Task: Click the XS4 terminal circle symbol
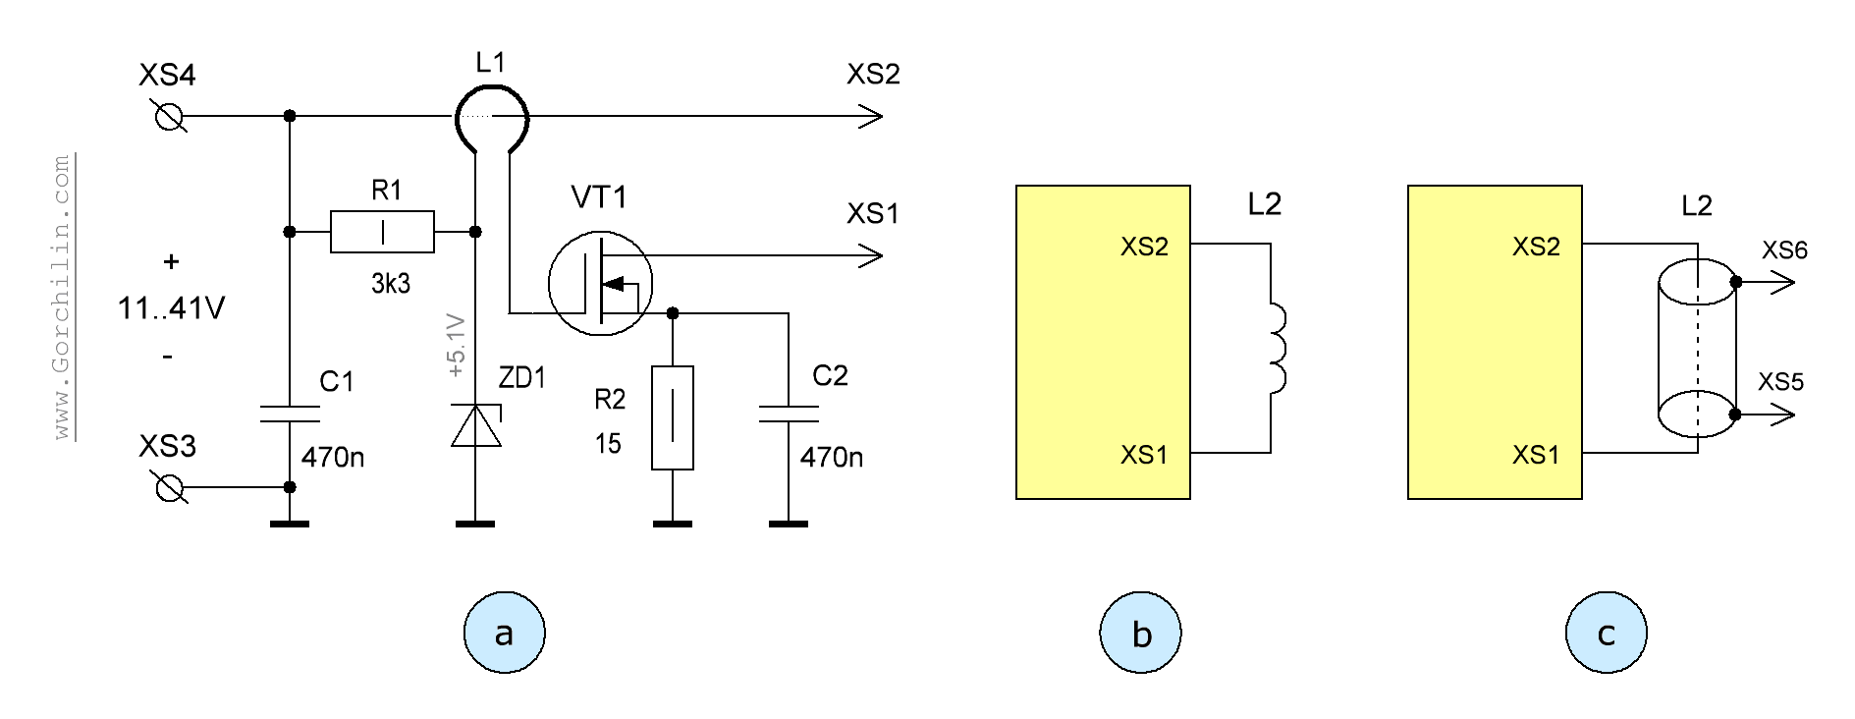170,117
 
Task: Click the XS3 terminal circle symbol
170,487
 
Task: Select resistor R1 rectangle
382,232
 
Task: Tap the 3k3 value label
390,284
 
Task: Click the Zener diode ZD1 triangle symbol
476,426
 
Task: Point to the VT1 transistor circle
600,283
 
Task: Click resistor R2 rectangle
673,417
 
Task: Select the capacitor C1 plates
290,414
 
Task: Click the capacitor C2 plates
789,414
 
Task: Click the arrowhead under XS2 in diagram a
870,117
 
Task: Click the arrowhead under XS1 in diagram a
870,256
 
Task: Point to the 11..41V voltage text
171,308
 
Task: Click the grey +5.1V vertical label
456,345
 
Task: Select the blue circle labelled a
504,633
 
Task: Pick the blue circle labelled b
1140,633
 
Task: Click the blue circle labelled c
1606,633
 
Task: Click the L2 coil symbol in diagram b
1277,349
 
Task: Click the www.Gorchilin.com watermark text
62,296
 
